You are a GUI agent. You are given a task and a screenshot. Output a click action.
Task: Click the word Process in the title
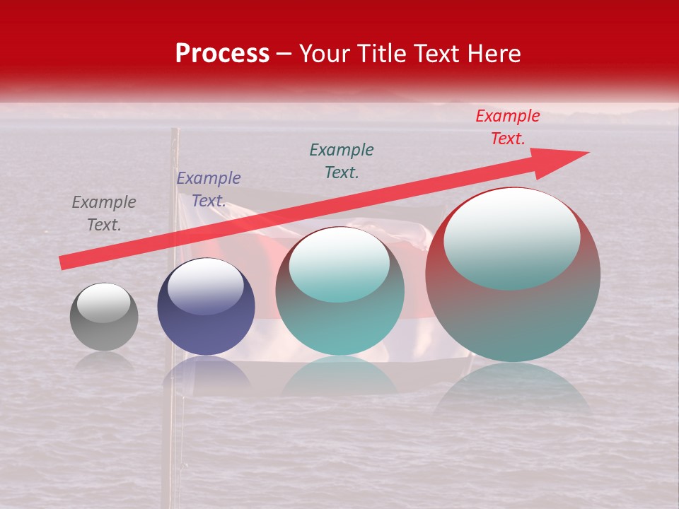click(222, 54)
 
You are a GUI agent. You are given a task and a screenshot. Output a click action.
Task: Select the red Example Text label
click(507, 127)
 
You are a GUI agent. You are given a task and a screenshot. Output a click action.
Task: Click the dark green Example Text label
click(342, 160)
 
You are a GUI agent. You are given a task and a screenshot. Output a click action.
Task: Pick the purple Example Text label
click(209, 189)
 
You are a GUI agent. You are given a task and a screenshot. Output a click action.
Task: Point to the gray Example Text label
click(104, 213)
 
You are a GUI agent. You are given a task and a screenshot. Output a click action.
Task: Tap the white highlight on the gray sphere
click(103, 303)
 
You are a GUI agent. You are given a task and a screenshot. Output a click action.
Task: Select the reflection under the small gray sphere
click(104, 361)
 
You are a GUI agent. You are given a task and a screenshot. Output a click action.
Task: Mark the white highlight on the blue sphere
click(205, 284)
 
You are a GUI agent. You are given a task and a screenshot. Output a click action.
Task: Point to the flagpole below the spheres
click(168, 438)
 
